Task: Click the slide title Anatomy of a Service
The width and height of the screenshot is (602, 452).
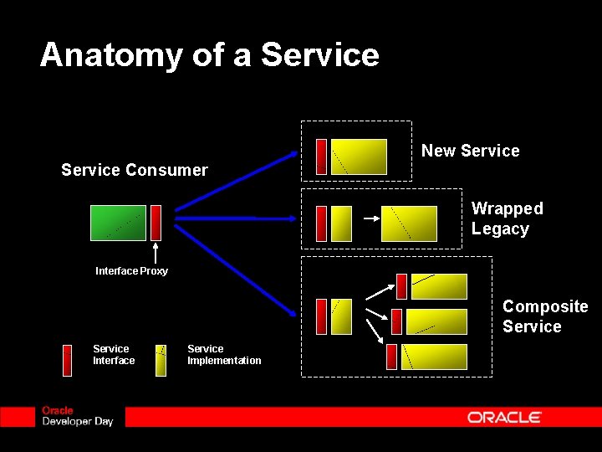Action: (x=209, y=55)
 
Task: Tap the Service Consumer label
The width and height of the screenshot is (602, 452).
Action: (x=134, y=170)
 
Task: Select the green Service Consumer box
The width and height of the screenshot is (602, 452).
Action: (x=118, y=223)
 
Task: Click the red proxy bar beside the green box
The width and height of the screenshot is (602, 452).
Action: (x=156, y=223)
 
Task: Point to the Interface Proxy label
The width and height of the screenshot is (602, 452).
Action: (x=131, y=271)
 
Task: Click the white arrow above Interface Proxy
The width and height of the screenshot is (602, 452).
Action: (x=156, y=252)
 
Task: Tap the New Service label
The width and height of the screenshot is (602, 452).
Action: (x=470, y=151)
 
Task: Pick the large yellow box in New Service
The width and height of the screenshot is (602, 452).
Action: (x=359, y=157)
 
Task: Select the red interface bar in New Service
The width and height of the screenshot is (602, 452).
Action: (x=321, y=157)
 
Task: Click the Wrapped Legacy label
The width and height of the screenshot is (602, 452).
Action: (x=507, y=218)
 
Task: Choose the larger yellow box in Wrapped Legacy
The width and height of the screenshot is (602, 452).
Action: (x=409, y=223)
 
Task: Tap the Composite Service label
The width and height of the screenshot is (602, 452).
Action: (x=545, y=316)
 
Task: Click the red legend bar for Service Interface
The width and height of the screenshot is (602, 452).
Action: (x=68, y=360)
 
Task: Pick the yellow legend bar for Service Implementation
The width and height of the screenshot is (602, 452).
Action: (x=161, y=360)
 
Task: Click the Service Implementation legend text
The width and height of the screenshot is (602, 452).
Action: (x=224, y=355)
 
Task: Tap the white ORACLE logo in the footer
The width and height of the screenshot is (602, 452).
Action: (x=504, y=417)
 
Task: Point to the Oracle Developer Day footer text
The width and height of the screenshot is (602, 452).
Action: (x=77, y=416)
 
